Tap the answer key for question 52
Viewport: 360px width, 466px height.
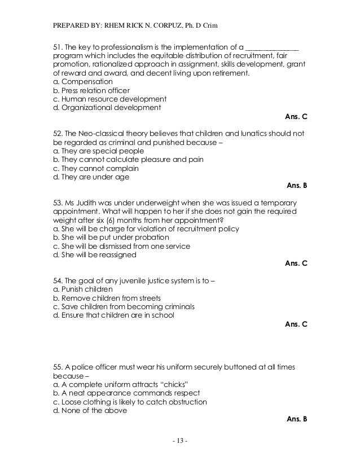tap(297, 185)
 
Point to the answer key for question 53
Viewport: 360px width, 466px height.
tap(297, 263)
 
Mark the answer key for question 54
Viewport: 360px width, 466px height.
tap(297, 324)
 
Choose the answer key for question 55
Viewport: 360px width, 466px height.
tap(297, 419)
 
